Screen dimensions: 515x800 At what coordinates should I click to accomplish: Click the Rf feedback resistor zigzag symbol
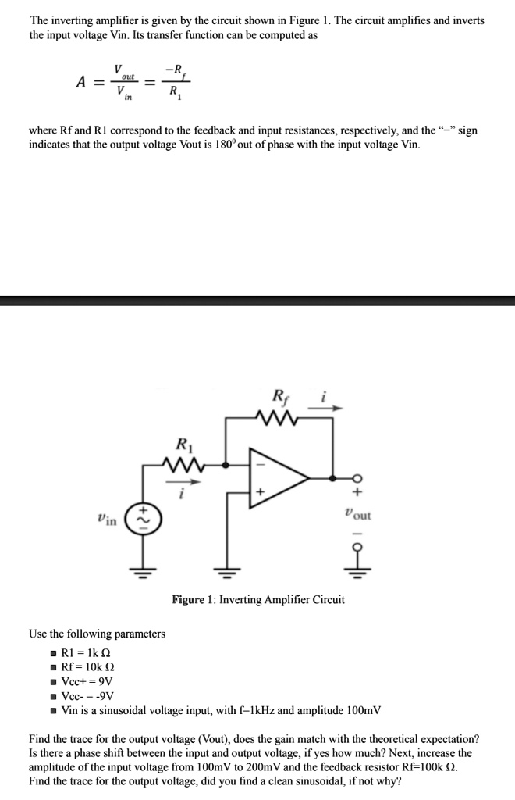278,418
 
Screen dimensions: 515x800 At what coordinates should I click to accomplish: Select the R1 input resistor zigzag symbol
183,465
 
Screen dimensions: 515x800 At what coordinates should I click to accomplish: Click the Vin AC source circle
143,520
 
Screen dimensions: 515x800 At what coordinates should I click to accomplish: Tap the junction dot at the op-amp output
332,478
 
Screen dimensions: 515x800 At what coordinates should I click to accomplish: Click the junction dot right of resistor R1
227,465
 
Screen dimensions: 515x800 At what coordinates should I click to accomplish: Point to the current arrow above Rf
324,408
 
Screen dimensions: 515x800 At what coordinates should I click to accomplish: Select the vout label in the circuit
357,514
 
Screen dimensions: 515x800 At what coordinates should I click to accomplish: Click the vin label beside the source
106,520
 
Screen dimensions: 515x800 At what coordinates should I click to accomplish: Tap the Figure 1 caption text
258,599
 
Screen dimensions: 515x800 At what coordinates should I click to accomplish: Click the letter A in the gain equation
81,81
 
